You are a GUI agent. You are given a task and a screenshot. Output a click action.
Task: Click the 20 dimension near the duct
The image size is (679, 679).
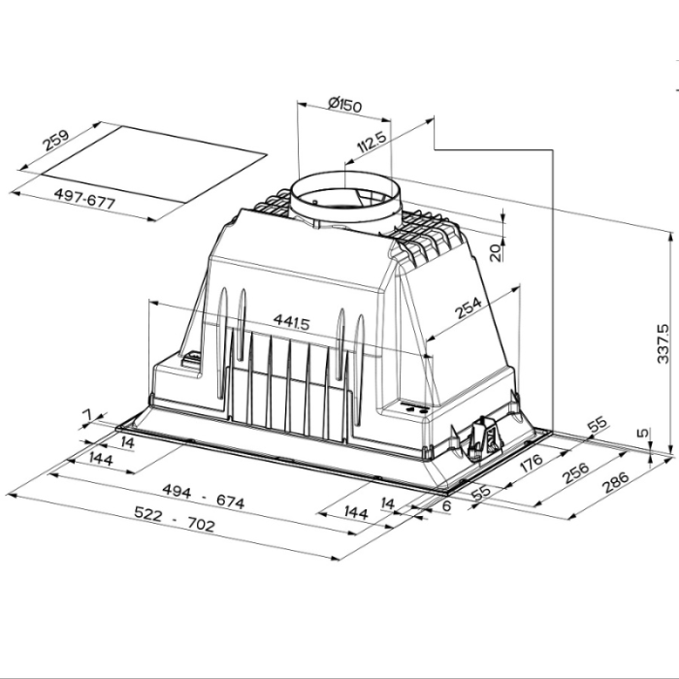(496, 252)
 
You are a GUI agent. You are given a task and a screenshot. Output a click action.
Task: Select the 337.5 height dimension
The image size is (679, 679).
(663, 343)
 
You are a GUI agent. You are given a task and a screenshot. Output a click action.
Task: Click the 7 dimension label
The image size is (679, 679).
(86, 416)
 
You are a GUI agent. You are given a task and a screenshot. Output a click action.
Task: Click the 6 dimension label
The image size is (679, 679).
(445, 506)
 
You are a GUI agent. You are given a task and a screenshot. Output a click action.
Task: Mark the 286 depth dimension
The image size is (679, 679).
(614, 479)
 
